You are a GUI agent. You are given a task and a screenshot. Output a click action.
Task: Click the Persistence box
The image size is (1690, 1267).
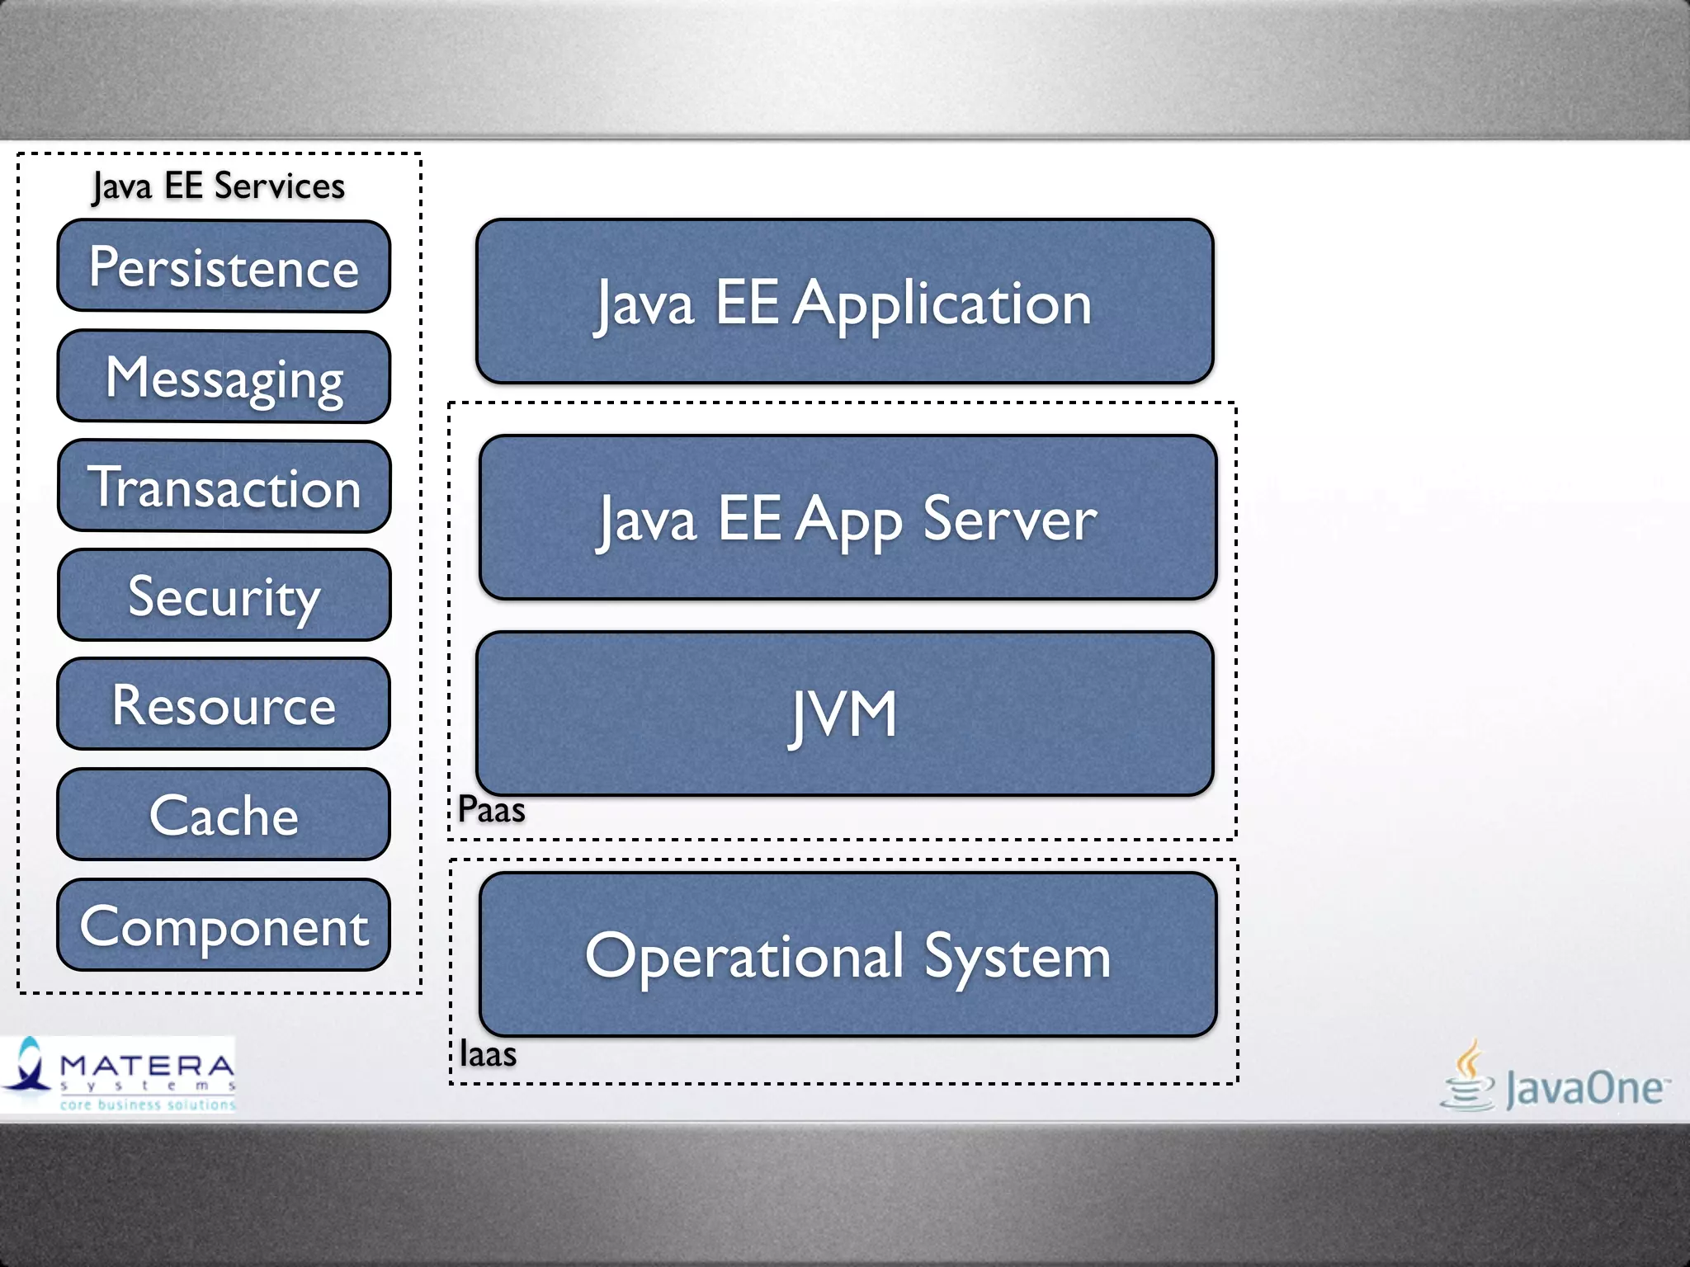pyautogui.click(x=224, y=266)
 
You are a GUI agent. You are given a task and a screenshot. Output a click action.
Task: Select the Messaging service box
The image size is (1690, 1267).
pyautogui.click(x=224, y=377)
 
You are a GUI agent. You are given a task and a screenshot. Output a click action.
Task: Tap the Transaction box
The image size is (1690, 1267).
pyautogui.click(x=224, y=487)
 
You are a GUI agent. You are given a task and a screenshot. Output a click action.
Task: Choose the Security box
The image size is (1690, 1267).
pyautogui.click(x=224, y=596)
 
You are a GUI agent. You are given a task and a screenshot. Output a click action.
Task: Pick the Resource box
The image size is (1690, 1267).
pyautogui.click(x=224, y=704)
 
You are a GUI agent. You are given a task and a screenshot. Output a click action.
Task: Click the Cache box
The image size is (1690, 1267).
pyautogui.click(x=224, y=815)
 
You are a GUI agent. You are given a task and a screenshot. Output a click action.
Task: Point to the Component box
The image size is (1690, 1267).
pyautogui.click(x=224, y=925)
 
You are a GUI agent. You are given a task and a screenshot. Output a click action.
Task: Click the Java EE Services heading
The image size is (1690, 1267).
pyautogui.click(x=219, y=186)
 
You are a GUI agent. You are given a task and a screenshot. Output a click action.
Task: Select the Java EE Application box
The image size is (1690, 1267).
pyautogui.click(x=844, y=302)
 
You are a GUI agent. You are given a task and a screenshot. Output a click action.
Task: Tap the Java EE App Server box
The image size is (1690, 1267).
pyautogui.click(x=847, y=518)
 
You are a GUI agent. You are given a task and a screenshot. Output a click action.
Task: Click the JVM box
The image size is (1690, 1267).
pyautogui.click(x=844, y=714)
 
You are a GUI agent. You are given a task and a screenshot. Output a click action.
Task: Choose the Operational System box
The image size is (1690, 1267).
pyautogui.click(x=847, y=955)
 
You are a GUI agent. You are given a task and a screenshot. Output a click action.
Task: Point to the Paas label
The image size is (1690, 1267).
pyautogui.click(x=491, y=809)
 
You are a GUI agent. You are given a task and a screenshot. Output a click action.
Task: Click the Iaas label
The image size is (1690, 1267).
pyautogui.click(x=488, y=1054)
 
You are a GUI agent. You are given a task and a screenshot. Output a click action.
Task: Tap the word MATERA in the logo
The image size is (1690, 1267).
pyautogui.click(x=147, y=1066)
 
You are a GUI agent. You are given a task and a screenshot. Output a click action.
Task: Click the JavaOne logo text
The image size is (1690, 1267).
pyautogui.click(x=1584, y=1087)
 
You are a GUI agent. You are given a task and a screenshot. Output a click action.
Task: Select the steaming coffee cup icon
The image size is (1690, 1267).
pyautogui.click(x=1468, y=1076)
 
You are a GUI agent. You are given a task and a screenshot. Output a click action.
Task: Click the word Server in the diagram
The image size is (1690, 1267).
pyautogui.click(x=1009, y=520)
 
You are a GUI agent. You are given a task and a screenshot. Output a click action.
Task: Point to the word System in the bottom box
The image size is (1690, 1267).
pyautogui.click(x=1017, y=957)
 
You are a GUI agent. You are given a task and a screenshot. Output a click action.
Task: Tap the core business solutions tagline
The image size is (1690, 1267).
pyautogui.click(x=147, y=1105)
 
